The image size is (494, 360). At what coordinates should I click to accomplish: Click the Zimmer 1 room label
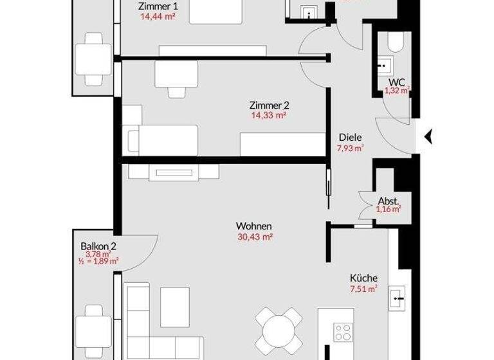(x=158, y=6)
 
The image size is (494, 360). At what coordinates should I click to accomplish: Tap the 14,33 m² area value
(x=268, y=116)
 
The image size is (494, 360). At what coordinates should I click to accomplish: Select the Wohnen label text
(x=254, y=226)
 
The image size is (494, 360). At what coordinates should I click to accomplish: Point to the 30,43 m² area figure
(x=254, y=237)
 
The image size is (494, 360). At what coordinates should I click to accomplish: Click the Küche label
(x=363, y=278)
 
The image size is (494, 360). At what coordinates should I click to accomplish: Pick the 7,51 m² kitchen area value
(x=363, y=288)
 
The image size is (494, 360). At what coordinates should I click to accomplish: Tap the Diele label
(x=351, y=137)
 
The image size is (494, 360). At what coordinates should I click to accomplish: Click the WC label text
(x=397, y=82)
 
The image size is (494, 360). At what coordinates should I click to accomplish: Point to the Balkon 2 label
(x=98, y=246)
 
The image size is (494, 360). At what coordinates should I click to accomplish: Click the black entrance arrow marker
(x=428, y=136)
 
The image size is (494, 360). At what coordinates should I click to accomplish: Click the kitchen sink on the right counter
(x=397, y=297)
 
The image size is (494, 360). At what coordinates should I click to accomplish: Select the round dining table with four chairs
(x=277, y=327)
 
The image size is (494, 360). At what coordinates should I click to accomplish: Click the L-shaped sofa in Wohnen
(x=148, y=321)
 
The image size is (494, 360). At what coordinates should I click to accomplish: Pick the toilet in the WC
(x=396, y=43)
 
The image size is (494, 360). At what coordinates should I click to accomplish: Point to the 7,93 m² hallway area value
(x=351, y=148)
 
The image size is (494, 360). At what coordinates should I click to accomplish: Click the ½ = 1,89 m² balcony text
(x=98, y=262)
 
